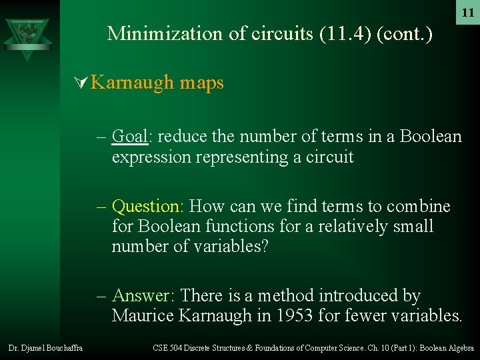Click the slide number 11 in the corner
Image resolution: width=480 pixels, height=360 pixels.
(x=467, y=13)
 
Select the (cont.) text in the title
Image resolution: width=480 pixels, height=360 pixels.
(x=405, y=33)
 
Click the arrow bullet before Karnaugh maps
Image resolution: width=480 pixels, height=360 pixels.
(x=82, y=83)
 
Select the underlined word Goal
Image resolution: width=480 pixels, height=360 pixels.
(x=130, y=137)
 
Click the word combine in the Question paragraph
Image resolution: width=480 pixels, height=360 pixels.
(x=419, y=206)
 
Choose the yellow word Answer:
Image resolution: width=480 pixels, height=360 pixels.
(x=144, y=295)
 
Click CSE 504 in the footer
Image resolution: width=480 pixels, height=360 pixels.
(x=167, y=348)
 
